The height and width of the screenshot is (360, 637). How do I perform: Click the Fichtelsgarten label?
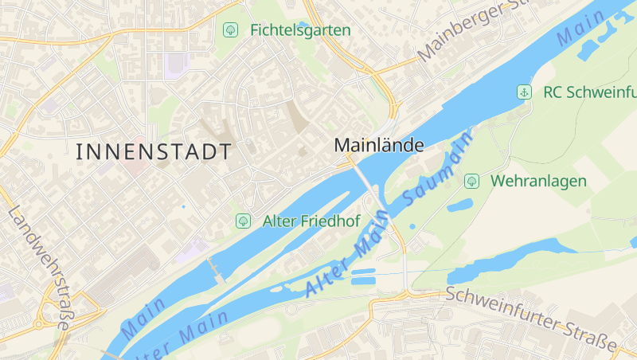click(x=300, y=30)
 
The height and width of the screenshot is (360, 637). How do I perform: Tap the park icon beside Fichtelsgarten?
click(x=230, y=30)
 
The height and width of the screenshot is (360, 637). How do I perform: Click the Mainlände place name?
click(x=379, y=145)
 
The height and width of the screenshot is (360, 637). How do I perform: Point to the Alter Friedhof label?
click(x=311, y=221)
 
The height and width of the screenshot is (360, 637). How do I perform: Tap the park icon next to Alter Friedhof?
click(x=243, y=221)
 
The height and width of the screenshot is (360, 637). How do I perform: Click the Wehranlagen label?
click(x=538, y=181)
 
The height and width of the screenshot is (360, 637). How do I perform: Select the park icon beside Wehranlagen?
click(x=471, y=181)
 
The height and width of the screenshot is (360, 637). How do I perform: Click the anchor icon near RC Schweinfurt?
click(x=524, y=92)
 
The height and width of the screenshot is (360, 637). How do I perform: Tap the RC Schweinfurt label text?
click(x=589, y=92)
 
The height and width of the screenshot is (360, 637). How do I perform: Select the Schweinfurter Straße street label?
click(x=531, y=318)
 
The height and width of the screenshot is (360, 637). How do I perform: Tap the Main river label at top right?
click(x=581, y=26)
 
